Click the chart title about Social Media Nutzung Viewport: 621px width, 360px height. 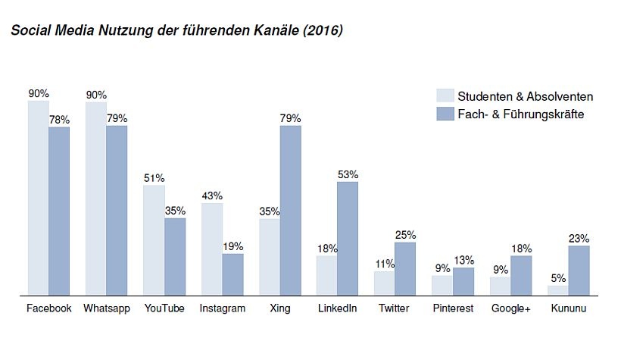click(176, 31)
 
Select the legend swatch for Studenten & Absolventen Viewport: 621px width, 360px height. click(445, 96)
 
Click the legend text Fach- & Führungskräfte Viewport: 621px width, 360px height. click(521, 114)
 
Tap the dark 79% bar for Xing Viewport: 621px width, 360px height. click(290, 210)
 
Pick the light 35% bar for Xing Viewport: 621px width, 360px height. click(270, 256)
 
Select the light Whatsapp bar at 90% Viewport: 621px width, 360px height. click(95, 198)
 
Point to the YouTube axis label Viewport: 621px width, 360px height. click(164, 308)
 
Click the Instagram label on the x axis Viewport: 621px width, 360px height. click(222, 308)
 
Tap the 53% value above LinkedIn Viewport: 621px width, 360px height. click(348, 174)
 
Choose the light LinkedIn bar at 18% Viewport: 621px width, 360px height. click(327, 275)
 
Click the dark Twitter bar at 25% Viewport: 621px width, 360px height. click(405, 268)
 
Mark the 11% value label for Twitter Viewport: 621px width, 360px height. click(385, 264)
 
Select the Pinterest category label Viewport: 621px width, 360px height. click(453, 308)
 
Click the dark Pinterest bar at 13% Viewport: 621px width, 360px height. click(463, 281)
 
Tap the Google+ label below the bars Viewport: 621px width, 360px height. click(510, 308)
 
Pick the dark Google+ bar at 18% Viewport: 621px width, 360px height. click(521, 275)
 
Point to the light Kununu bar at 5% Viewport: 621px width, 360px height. click(558, 290)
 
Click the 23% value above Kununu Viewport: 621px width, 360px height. click(579, 238)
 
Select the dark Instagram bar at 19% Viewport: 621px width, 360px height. click(232, 274)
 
